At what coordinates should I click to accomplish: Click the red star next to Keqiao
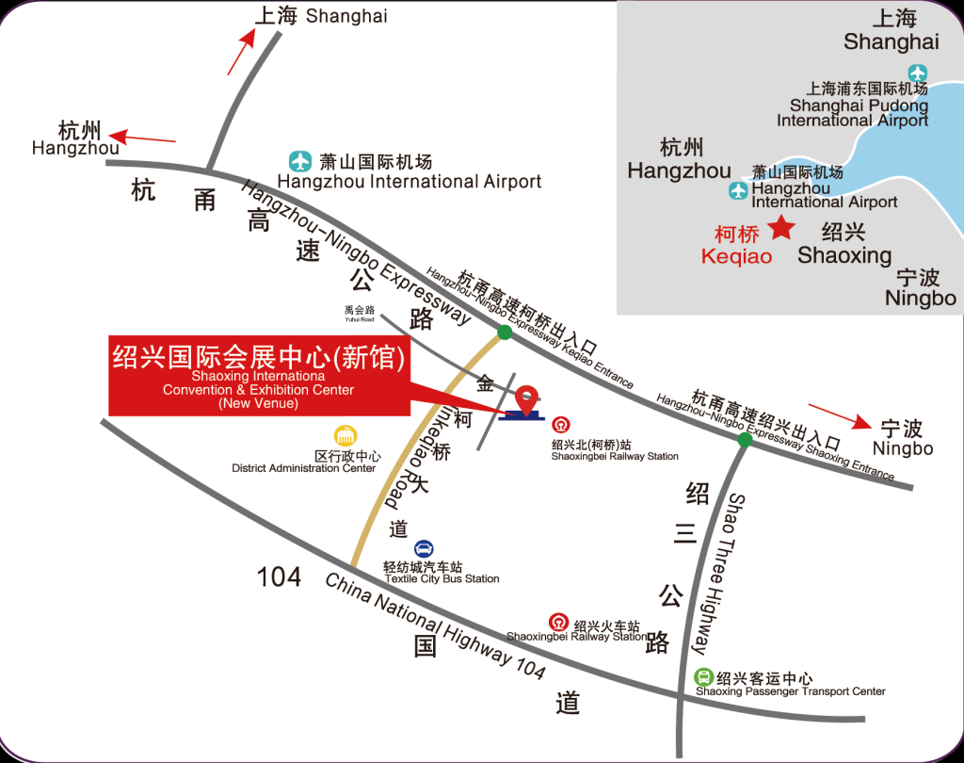point(780,227)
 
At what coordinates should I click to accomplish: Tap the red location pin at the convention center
point(525,398)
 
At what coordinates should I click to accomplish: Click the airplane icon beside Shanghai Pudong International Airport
point(917,73)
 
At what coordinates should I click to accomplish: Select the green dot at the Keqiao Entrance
point(506,332)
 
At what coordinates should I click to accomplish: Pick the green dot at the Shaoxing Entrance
point(745,439)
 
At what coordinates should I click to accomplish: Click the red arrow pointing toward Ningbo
point(833,414)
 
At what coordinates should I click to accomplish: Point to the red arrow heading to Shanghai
point(241,51)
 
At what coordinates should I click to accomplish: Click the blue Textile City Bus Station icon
point(424,549)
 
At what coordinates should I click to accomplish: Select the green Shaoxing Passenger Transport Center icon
point(703,677)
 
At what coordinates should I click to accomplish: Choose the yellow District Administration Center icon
point(345,436)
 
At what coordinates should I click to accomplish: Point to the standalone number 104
point(279,576)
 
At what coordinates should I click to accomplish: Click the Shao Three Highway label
point(720,574)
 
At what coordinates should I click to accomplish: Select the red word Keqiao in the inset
point(736,256)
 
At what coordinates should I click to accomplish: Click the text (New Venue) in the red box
point(258,404)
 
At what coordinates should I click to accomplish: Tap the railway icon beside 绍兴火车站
point(558,622)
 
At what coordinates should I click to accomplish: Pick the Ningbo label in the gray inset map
point(920,298)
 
